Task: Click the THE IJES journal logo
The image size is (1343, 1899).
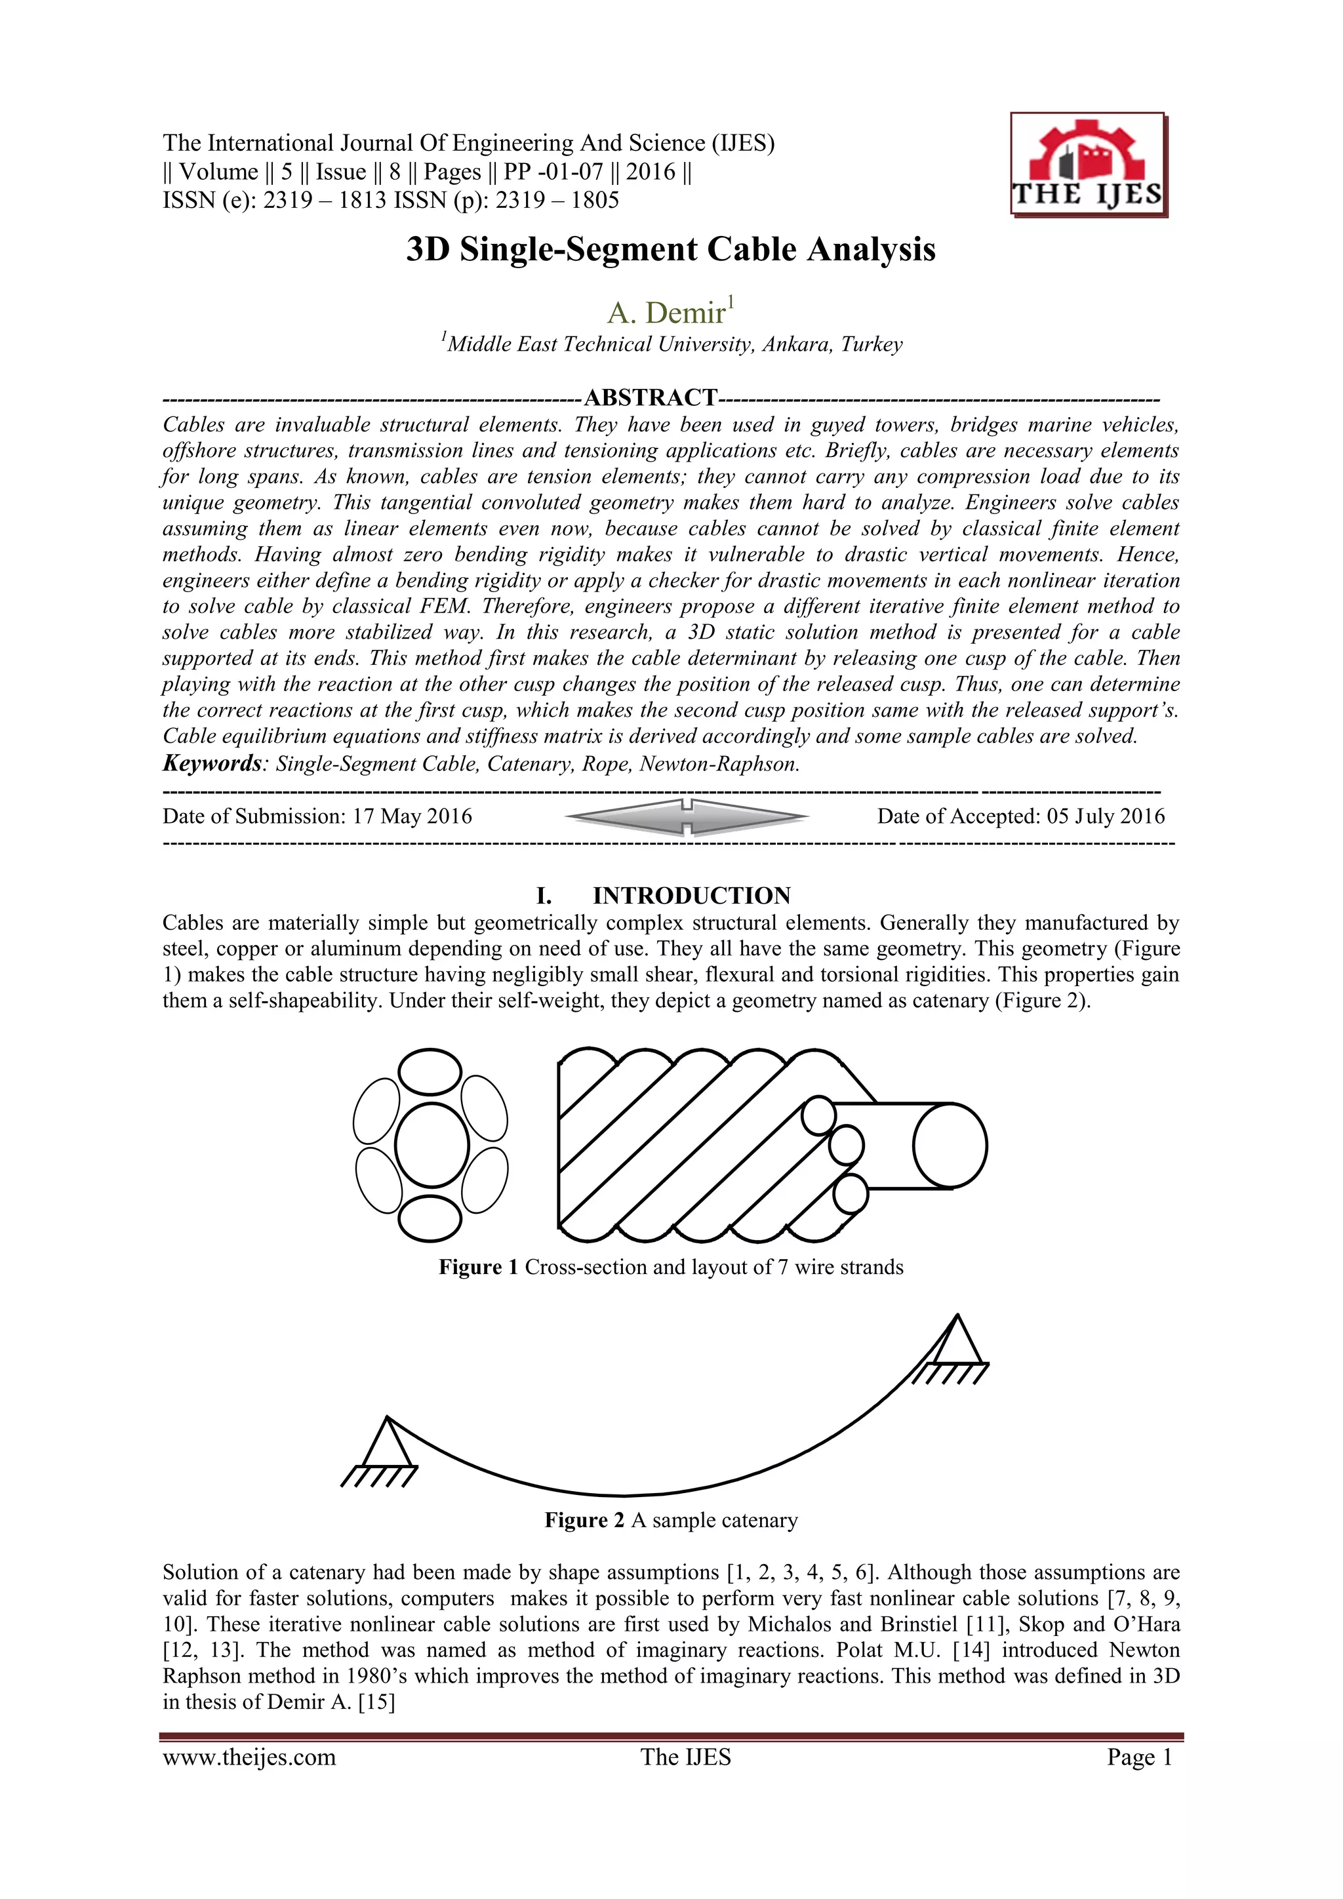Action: tap(1087, 165)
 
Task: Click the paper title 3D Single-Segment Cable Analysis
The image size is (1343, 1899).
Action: tap(671, 250)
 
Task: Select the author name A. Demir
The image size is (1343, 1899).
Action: tap(666, 313)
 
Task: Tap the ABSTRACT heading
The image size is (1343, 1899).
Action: tap(650, 398)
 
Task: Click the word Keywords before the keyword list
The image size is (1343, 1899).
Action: tap(212, 763)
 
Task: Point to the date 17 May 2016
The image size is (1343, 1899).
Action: tap(412, 816)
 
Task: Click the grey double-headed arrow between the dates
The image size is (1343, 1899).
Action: tap(687, 817)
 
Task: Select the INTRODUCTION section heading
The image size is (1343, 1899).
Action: tap(691, 896)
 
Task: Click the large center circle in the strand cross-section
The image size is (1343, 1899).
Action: tap(431, 1146)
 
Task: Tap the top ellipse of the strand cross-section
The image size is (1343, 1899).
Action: tap(430, 1073)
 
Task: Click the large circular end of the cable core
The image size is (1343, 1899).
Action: tap(950, 1146)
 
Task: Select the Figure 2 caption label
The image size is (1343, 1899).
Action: tap(584, 1520)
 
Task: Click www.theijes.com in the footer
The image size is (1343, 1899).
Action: tap(249, 1757)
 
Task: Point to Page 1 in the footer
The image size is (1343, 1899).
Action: tap(1140, 1757)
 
